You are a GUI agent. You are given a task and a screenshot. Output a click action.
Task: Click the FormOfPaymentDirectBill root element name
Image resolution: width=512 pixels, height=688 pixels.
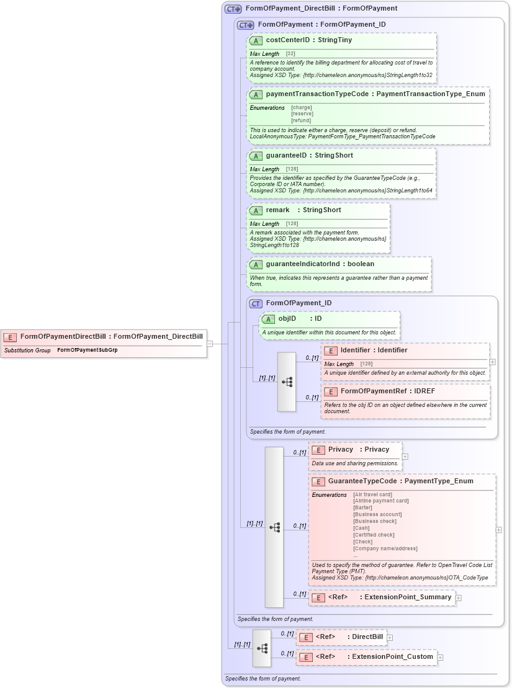coord(63,336)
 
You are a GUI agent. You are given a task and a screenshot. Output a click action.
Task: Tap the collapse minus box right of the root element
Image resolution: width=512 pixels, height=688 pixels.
coord(210,343)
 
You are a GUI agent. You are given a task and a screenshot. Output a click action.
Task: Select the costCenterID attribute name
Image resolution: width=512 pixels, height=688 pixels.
coord(291,40)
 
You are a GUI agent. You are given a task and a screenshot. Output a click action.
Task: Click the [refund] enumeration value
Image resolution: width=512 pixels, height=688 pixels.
coord(302,120)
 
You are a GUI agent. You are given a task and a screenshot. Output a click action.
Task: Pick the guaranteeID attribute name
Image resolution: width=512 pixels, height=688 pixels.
coord(286,155)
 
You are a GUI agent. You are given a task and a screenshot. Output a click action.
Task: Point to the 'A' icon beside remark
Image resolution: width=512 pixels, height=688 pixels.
coord(255,210)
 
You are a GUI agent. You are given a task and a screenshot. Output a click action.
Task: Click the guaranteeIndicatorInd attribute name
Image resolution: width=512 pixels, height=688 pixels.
coord(302,264)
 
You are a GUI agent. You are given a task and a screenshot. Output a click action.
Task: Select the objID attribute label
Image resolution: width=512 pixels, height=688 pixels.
coord(287,318)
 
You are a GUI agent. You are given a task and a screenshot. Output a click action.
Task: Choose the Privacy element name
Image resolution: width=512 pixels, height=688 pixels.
coord(341,449)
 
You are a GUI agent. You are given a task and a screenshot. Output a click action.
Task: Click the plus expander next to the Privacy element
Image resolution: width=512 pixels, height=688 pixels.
coord(405,457)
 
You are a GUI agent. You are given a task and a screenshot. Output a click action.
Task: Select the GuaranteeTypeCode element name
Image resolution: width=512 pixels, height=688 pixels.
coord(362,481)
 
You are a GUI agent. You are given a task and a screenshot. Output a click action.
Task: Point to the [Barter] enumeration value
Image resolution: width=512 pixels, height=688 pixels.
coord(364,507)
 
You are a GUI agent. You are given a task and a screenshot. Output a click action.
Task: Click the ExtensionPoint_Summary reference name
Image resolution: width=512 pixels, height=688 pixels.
coord(408,597)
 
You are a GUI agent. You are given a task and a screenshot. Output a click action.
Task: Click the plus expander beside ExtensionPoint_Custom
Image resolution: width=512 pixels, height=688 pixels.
coord(440,657)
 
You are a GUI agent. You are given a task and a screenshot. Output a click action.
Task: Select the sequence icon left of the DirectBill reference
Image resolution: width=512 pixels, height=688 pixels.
coord(262,648)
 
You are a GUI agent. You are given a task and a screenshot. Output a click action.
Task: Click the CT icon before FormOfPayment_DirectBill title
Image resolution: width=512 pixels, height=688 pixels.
coord(233,9)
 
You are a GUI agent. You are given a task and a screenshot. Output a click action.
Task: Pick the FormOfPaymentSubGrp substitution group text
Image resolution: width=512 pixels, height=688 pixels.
coord(88,351)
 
